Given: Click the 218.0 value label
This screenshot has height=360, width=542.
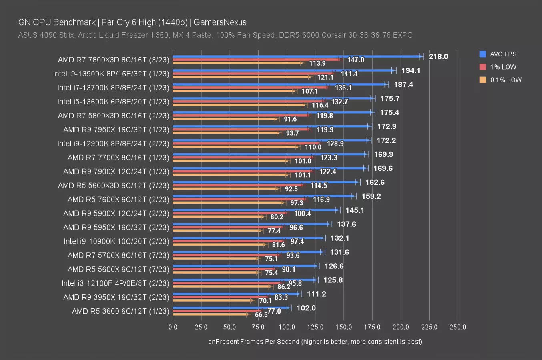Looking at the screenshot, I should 438,56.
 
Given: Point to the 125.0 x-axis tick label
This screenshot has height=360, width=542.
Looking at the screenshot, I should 315,327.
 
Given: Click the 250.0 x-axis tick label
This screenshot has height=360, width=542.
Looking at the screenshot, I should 458,327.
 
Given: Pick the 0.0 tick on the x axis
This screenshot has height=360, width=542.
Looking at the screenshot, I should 173,327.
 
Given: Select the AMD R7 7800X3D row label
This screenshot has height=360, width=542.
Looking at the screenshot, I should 113,60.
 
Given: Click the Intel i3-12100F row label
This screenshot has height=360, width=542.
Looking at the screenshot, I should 115,283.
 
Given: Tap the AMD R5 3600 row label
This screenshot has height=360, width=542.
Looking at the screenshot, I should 120,311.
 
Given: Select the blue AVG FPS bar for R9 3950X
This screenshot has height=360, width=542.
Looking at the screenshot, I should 236,294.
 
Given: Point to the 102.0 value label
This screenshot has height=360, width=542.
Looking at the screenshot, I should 306,308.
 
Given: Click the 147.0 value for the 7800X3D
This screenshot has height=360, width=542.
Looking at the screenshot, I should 355,60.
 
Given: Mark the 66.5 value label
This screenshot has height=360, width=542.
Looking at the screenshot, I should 261,315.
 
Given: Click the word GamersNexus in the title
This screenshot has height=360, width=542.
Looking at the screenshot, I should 220,22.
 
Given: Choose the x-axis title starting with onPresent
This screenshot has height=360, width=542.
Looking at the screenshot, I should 315,341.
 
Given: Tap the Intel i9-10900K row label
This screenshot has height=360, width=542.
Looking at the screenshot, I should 116,241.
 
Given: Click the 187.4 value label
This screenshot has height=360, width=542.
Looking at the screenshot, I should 403,84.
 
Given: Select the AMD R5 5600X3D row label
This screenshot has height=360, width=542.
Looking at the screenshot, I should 113,185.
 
